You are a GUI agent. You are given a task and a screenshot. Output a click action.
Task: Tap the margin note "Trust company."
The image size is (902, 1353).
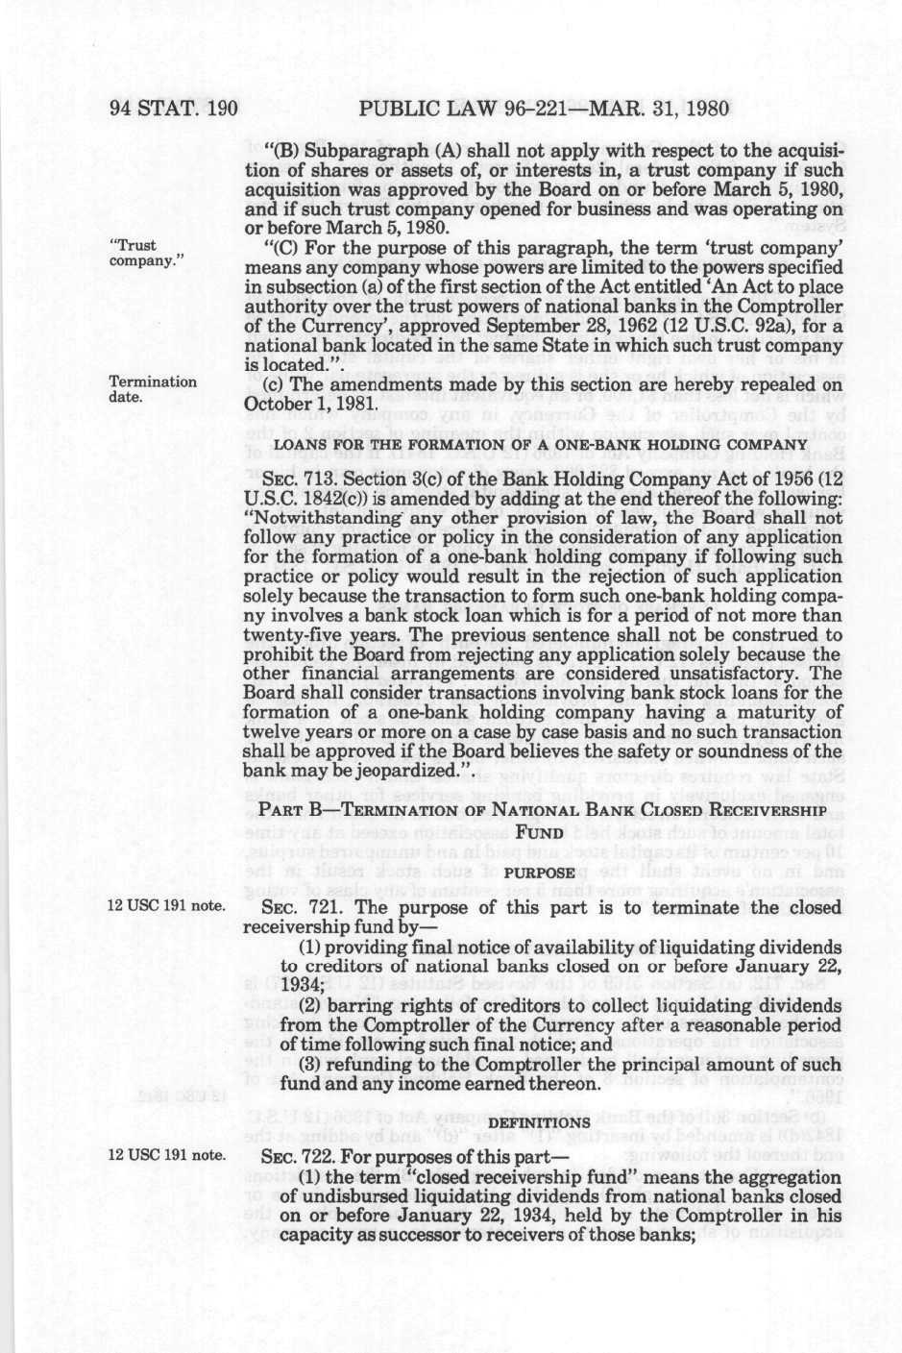pyautogui.click(x=147, y=253)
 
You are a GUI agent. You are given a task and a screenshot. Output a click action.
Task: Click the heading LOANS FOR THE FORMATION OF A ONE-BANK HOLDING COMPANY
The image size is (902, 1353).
pyautogui.click(x=541, y=445)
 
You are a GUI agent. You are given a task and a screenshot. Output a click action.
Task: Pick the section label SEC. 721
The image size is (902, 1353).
pyautogui.click(x=294, y=908)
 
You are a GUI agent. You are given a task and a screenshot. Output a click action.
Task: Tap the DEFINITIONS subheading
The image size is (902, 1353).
pyautogui.click(x=539, y=1121)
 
